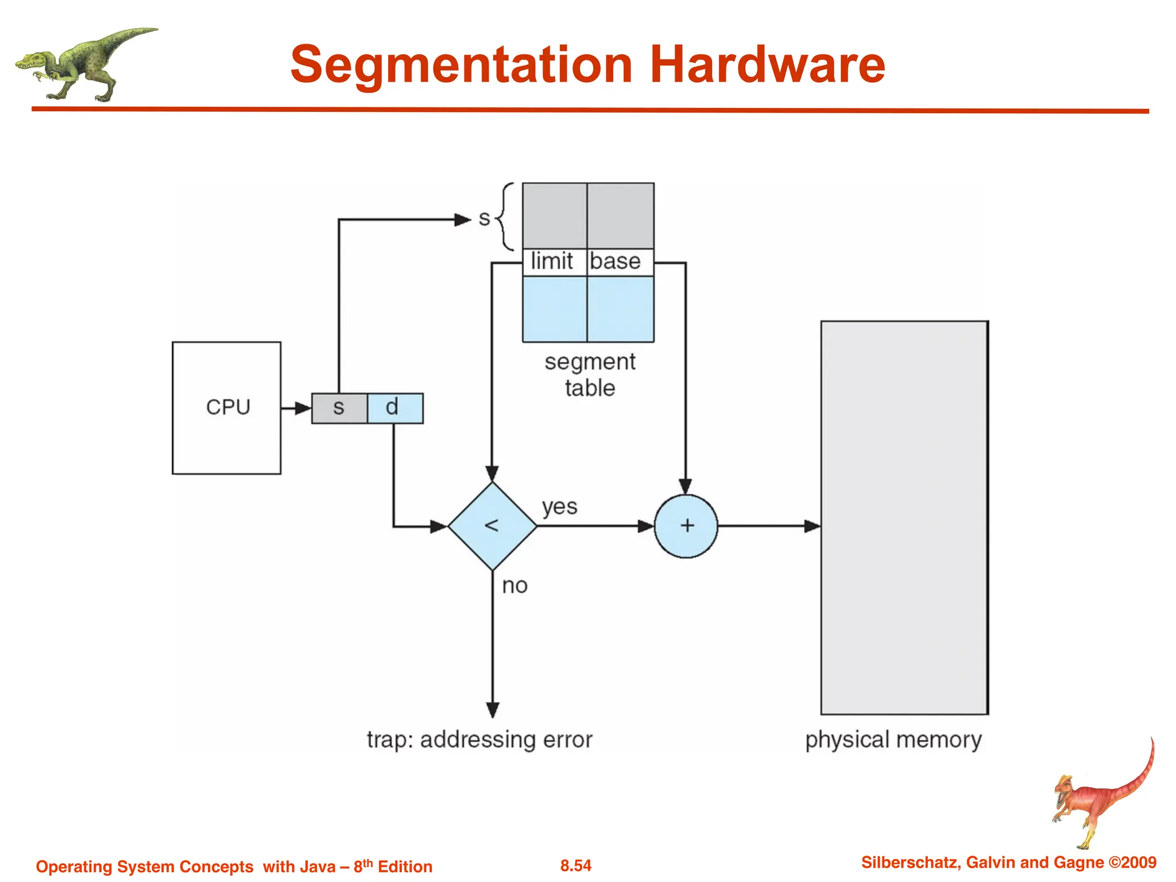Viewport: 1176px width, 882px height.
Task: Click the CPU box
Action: (x=226, y=408)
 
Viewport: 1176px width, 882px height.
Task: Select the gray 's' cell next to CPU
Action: (x=339, y=408)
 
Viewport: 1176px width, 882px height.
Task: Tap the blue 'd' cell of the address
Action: (x=394, y=408)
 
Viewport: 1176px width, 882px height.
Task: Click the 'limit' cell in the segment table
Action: (x=553, y=262)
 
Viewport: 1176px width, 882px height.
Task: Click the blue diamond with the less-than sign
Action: (x=492, y=526)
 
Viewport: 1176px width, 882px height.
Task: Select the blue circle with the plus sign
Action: (x=686, y=526)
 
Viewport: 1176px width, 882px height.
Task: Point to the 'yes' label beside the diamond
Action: (x=559, y=507)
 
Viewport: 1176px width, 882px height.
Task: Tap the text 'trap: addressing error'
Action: (x=479, y=740)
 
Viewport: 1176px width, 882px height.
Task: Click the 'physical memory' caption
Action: (x=893, y=740)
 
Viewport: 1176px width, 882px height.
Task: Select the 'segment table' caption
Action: (x=590, y=375)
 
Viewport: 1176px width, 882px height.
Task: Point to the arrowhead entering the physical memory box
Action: (x=812, y=526)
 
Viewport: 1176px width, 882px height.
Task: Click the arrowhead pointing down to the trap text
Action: (x=493, y=710)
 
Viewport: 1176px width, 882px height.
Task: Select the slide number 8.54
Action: (x=575, y=865)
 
